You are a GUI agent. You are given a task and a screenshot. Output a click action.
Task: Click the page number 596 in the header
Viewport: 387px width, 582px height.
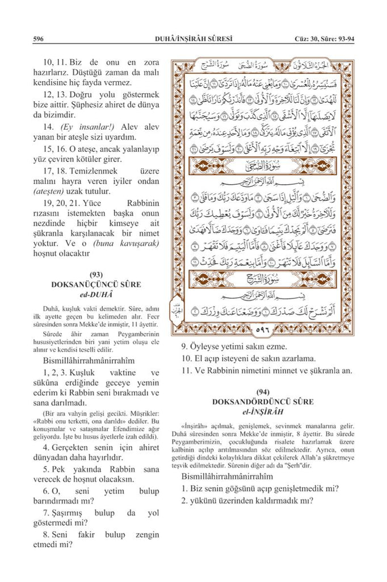(39, 39)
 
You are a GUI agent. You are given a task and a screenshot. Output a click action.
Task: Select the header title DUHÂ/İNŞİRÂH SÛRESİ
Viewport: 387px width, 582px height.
(194, 39)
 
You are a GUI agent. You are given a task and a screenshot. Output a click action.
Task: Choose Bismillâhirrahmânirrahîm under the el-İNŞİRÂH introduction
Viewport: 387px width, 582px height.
(228, 476)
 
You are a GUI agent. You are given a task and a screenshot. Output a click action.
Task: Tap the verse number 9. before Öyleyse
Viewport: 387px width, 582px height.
(185, 346)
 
